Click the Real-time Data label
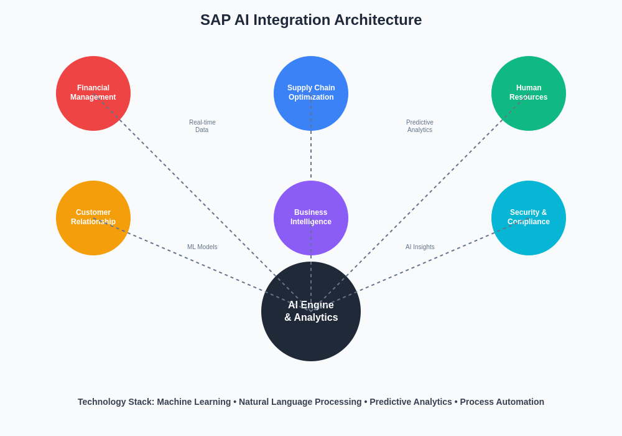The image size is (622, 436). [202, 126]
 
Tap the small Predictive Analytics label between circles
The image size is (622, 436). [420, 126]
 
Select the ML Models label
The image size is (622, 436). [202, 247]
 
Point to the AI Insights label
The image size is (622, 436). [420, 247]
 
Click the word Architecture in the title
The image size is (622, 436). [378, 20]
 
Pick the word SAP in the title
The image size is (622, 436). [215, 20]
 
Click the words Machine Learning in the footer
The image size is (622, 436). [194, 402]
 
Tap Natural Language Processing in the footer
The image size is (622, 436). [300, 402]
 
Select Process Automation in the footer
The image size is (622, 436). [502, 402]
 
